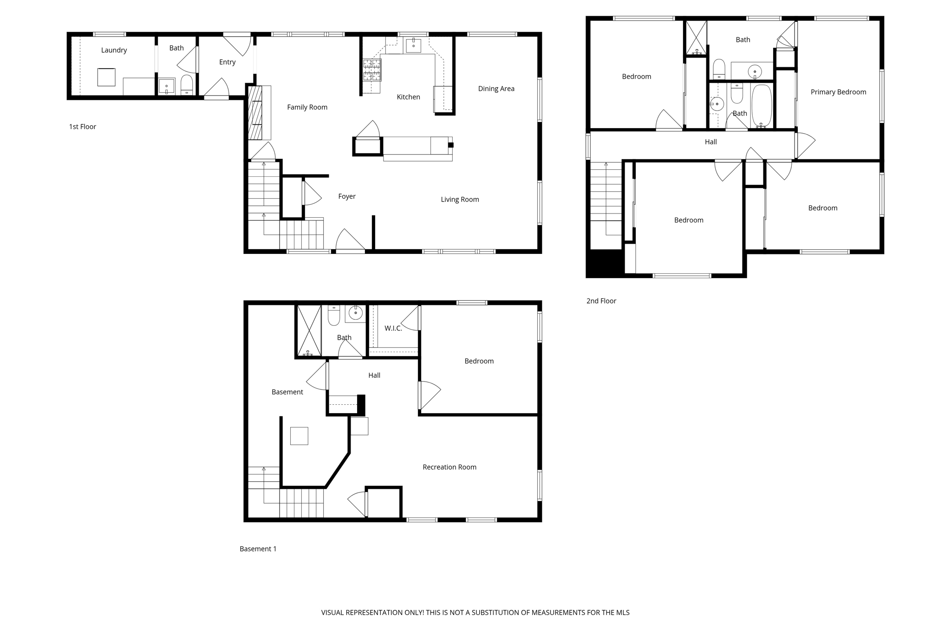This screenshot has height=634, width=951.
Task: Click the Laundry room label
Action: (x=114, y=50)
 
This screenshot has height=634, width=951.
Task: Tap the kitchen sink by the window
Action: (x=413, y=45)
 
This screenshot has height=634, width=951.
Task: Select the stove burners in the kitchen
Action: (x=372, y=70)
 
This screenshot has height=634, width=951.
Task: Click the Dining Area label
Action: (x=496, y=89)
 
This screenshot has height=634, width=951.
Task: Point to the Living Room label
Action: (x=460, y=200)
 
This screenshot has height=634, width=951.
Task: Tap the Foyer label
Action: (x=346, y=196)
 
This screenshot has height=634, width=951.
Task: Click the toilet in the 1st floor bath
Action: (x=187, y=85)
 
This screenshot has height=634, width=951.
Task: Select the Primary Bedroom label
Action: (x=838, y=92)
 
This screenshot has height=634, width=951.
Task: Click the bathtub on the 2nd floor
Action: (x=762, y=106)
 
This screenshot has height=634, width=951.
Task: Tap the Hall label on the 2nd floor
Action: (x=710, y=142)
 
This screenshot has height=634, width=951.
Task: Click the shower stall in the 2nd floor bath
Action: (x=696, y=38)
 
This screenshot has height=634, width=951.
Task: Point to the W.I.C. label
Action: (x=393, y=329)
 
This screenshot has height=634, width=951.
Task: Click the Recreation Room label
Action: (x=449, y=467)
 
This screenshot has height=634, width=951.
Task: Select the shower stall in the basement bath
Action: (x=309, y=330)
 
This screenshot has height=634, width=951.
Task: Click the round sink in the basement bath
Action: (x=356, y=313)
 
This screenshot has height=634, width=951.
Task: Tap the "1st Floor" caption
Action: (x=83, y=127)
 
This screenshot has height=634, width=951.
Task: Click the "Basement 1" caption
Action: (x=258, y=549)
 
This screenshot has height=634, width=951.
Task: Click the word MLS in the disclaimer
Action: (x=622, y=613)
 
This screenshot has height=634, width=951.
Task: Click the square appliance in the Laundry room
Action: (x=106, y=77)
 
